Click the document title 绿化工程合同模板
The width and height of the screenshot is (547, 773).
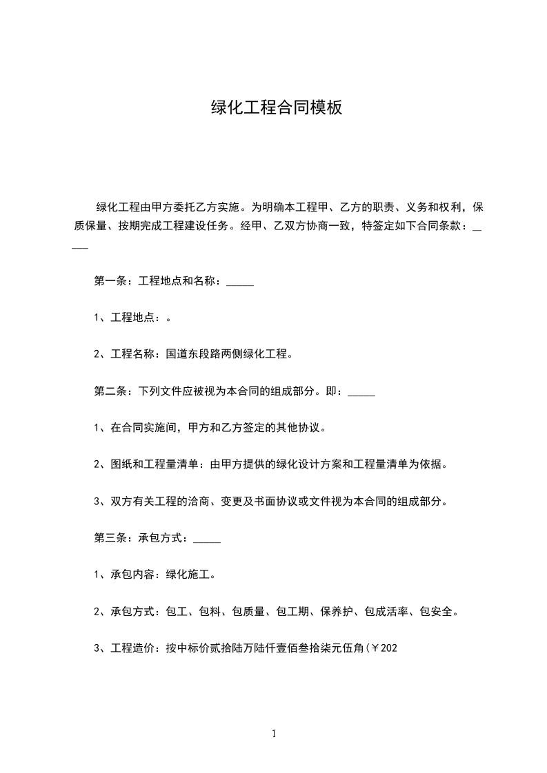[276, 108]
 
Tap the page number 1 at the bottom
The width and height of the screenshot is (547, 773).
[274, 734]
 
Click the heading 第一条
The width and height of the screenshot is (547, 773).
[108, 282]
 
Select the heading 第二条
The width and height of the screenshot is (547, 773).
[108, 391]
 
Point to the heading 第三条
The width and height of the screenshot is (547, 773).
[108, 538]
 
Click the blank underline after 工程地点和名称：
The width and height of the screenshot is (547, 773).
[240, 284]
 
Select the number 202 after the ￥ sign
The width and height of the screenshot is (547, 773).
[389, 648]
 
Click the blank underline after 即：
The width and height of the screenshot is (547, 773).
[361, 393]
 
